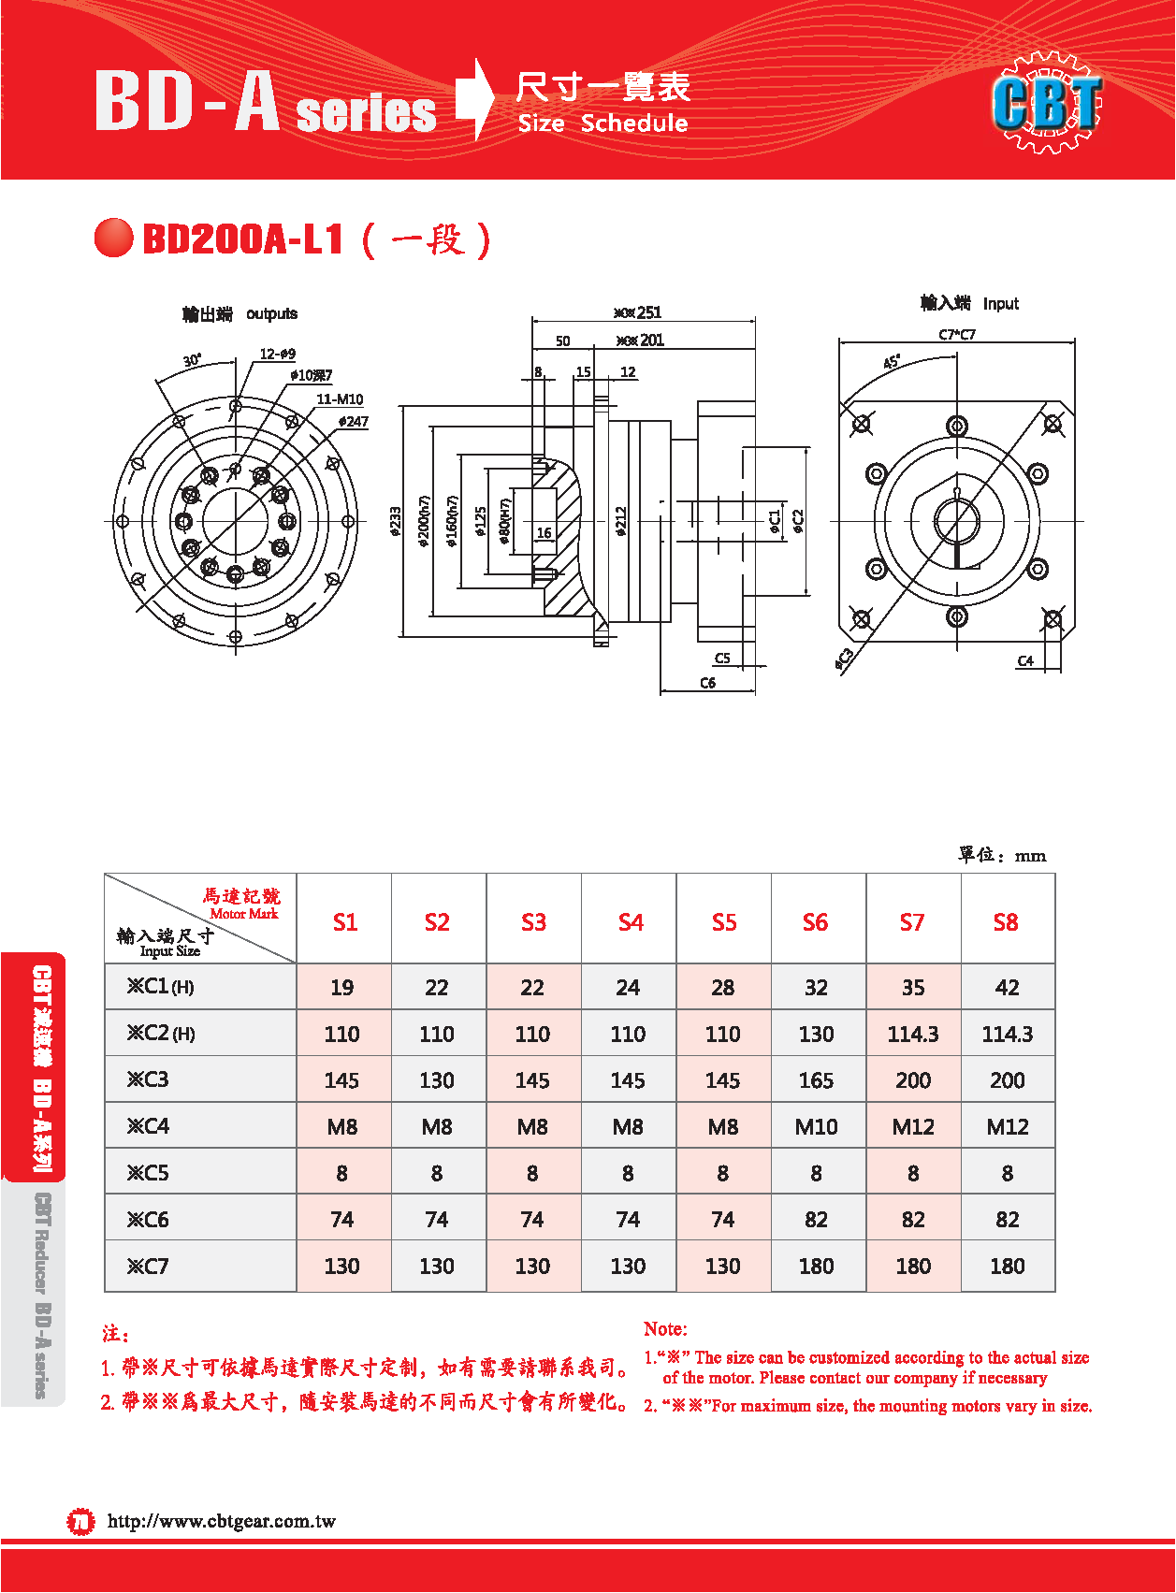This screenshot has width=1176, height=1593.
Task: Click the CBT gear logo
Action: tap(1048, 102)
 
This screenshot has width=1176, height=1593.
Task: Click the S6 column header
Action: tap(815, 922)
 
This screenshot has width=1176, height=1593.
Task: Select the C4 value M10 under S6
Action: tap(816, 1127)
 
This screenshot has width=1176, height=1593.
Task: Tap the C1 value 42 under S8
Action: tap(1007, 988)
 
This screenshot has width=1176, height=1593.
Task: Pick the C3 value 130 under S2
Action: tap(437, 1080)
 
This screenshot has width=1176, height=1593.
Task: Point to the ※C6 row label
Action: tap(149, 1219)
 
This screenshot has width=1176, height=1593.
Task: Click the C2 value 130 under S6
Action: tap(816, 1034)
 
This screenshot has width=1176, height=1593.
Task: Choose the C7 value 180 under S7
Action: tap(912, 1266)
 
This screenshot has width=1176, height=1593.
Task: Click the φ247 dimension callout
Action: tap(353, 422)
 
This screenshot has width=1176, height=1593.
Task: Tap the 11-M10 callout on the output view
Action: tap(340, 399)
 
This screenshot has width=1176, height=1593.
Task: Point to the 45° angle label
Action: tap(891, 361)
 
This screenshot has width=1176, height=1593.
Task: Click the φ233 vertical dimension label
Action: tap(396, 521)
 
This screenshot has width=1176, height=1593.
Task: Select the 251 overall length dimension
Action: tap(648, 312)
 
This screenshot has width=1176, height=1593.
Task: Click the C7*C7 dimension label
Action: tap(957, 335)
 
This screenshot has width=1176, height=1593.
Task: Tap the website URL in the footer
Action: tap(222, 1521)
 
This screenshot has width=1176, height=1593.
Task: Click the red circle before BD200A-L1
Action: tap(114, 238)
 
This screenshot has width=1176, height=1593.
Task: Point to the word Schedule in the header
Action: tap(634, 123)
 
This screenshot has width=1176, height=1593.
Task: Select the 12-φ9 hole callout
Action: tap(278, 355)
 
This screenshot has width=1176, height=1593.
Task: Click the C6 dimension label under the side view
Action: tap(707, 683)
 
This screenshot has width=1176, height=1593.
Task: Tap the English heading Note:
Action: tap(665, 1329)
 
